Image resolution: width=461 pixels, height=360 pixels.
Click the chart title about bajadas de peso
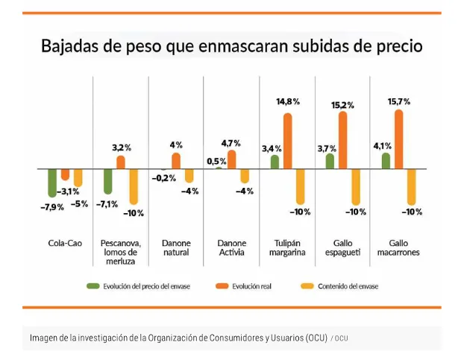click(231, 46)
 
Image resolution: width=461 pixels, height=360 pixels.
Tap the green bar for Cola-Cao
click(51, 183)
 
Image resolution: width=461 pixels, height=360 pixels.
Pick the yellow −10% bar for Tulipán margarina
click(301, 186)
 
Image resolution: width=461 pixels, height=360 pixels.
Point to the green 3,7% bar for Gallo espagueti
click(330, 160)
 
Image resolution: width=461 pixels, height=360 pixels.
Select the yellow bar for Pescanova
click(134, 186)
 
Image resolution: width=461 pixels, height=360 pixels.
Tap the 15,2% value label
click(343, 105)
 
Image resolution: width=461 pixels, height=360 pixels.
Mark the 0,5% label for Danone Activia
click(217, 161)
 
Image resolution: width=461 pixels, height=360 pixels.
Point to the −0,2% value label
click(163, 178)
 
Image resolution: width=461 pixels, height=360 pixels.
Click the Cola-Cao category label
click(59, 243)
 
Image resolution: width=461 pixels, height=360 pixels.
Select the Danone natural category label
click(176, 247)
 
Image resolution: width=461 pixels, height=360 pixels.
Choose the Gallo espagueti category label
click(342, 247)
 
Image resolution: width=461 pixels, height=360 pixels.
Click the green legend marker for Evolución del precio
click(93, 285)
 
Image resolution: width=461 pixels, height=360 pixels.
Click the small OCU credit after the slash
click(340, 338)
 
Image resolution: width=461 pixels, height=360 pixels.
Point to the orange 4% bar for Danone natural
click(176, 160)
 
